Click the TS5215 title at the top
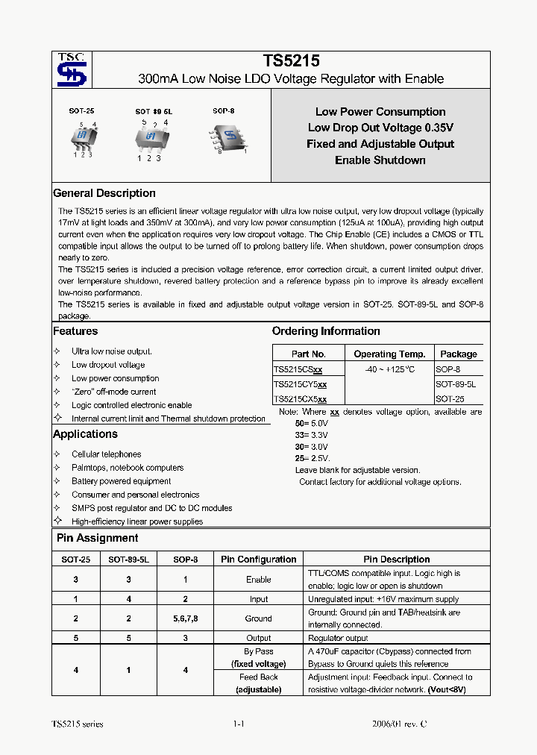pyautogui.click(x=291, y=63)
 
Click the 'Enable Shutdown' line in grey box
pyautogui.click(x=380, y=160)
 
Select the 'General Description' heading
pyautogui.click(x=104, y=193)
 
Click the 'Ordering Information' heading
pyautogui.click(x=326, y=331)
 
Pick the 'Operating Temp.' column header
pyautogui.click(x=389, y=354)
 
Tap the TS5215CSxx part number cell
pyautogui.click(x=298, y=370)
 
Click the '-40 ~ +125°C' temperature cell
pyautogui.click(x=389, y=370)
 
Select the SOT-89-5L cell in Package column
pyautogui.click(x=456, y=384)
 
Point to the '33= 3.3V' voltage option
pyautogui.click(x=311, y=433)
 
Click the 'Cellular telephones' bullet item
pyautogui.click(x=106, y=454)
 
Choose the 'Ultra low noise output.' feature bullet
pyautogui.click(x=111, y=351)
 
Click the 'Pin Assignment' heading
pyautogui.click(x=98, y=538)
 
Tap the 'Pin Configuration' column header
pyautogui.click(x=259, y=560)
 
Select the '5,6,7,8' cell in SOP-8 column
pyautogui.click(x=185, y=618)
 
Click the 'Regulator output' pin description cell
pyautogui.click(x=338, y=638)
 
